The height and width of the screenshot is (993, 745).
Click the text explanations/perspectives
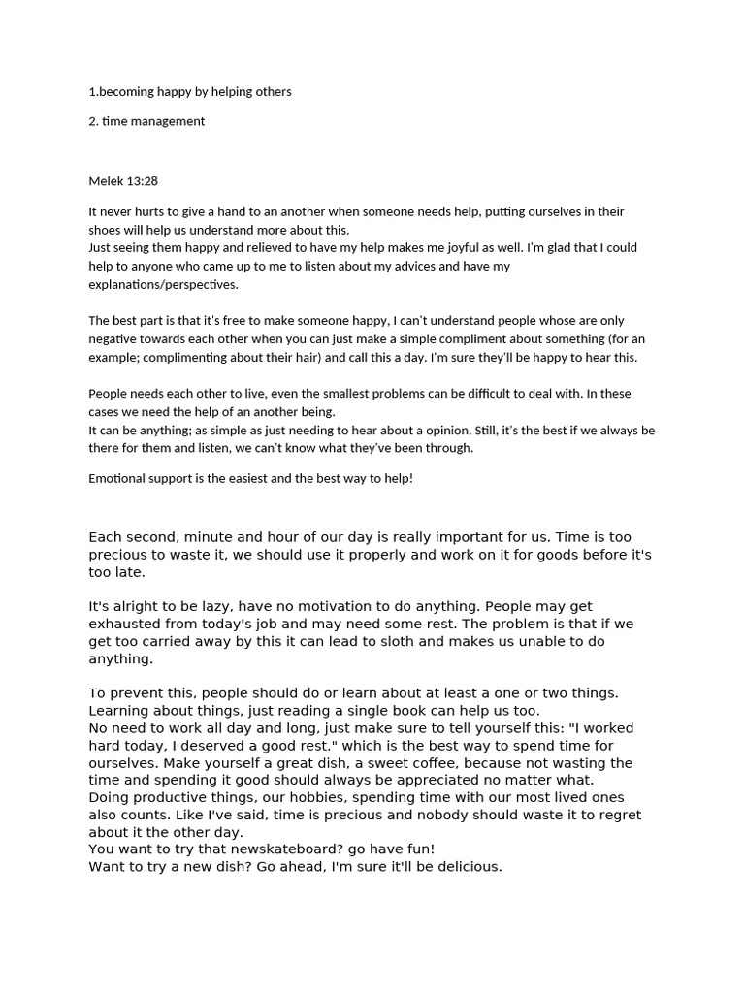click(163, 285)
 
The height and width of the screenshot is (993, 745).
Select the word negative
click(113, 339)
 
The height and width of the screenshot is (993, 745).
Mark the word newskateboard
click(288, 849)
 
